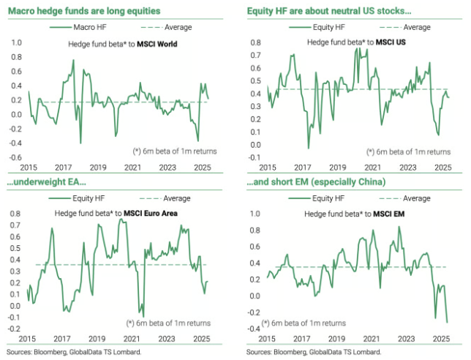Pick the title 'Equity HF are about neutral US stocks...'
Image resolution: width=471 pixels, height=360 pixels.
pyautogui.click(x=328, y=12)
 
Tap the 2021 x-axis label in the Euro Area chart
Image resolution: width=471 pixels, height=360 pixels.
pyautogui.click(x=132, y=339)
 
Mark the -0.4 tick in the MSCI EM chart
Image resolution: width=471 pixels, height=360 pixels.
pyautogui.click(x=255, y=328)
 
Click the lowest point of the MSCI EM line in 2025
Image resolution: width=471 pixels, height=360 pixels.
pyautogui.click(x=447, y=321)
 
